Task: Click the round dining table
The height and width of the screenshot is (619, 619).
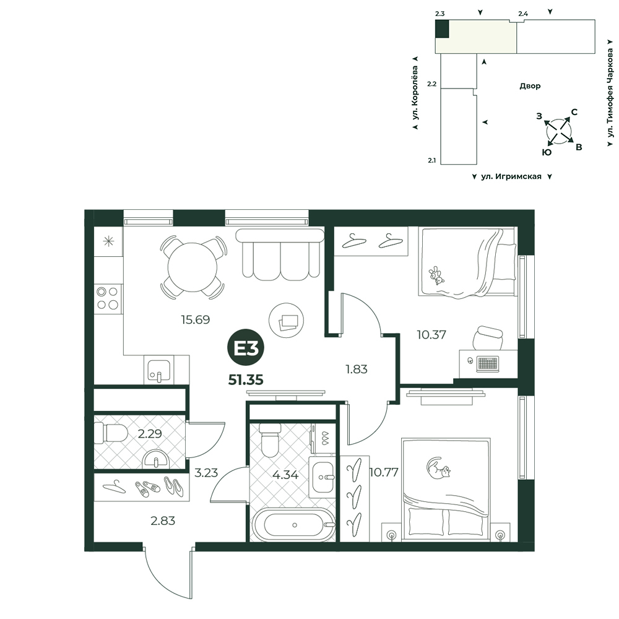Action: point(193,267)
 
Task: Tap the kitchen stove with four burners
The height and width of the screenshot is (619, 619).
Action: point(108,298)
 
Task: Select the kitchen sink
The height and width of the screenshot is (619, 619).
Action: point(159,370)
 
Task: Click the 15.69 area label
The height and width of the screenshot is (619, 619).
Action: point(196,319)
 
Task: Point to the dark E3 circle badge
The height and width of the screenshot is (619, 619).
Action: point(246,348)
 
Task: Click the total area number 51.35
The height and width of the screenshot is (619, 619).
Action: point(246,380)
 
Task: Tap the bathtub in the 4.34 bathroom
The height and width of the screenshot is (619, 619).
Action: point(294,525)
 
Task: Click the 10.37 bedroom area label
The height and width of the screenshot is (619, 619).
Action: point(431,335)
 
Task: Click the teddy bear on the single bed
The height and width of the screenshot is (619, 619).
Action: point(436,275)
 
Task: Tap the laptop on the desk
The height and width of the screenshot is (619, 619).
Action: point(488,363)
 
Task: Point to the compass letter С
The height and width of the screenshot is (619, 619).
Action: point(574,112)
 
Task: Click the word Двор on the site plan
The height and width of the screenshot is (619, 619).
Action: point(530,86)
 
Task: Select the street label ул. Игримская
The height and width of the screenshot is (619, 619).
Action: point(511,176)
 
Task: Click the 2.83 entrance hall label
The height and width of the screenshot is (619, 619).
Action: point(163,521)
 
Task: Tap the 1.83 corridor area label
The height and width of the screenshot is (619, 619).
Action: point(357,369)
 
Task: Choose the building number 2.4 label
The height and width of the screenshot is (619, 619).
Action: point(523,14)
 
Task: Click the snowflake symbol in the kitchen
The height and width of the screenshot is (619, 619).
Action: point(108,241)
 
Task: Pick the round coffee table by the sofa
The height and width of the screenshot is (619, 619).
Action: point(287,321)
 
